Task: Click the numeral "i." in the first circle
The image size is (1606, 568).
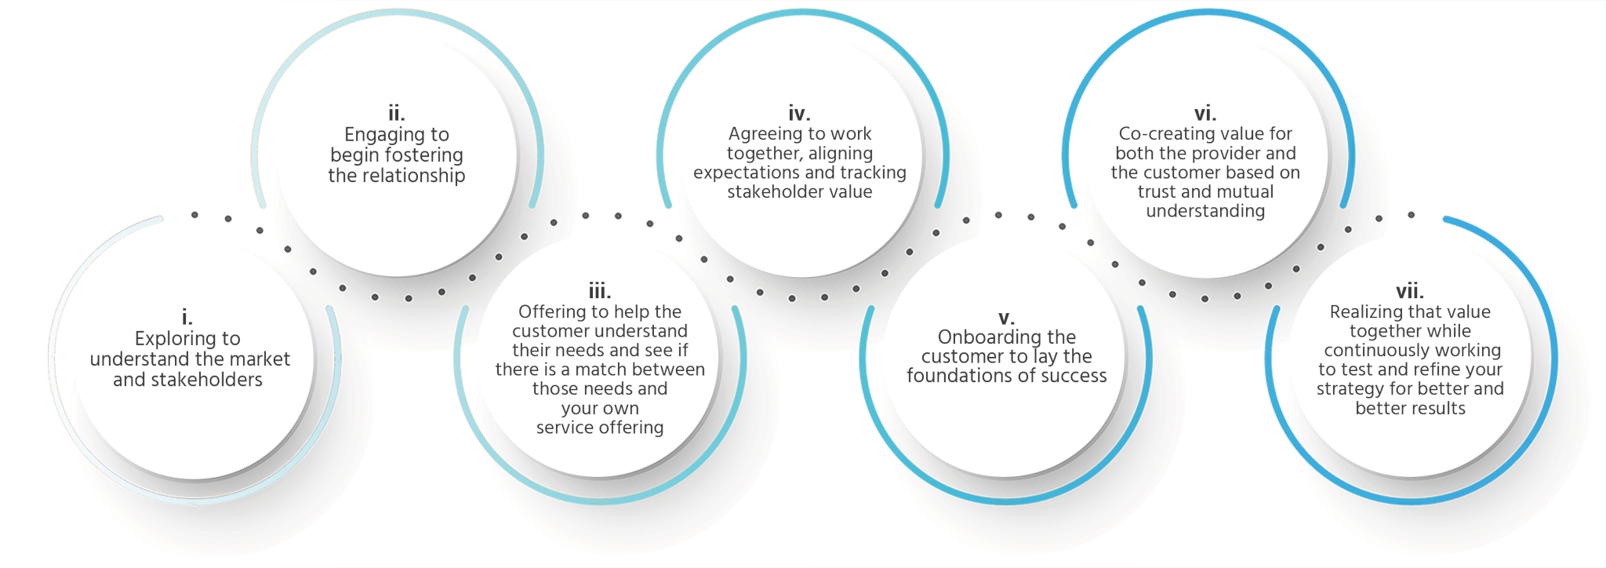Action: tap(187, 317)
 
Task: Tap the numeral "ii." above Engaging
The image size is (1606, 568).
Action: tap(397, 114)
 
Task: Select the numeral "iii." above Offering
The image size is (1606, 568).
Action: tap(600, 291)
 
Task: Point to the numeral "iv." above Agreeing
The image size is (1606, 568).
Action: tap(799, 114)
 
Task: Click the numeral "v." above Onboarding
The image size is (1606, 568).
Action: tap(1007, 318)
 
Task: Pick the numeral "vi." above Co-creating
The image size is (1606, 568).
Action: tap(1205, 114)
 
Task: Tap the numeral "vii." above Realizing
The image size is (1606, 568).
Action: tap(1410, 291)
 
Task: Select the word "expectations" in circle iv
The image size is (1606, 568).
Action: tap(741, 173)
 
